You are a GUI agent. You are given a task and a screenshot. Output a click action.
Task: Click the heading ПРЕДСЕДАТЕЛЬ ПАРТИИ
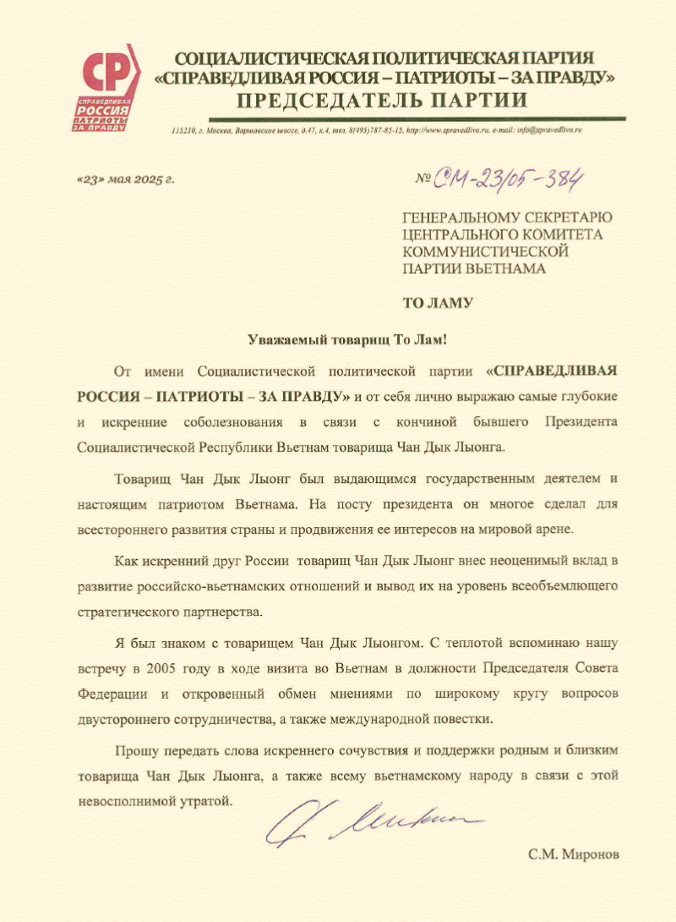382,102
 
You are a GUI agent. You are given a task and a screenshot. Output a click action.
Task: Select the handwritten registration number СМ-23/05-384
510,177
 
